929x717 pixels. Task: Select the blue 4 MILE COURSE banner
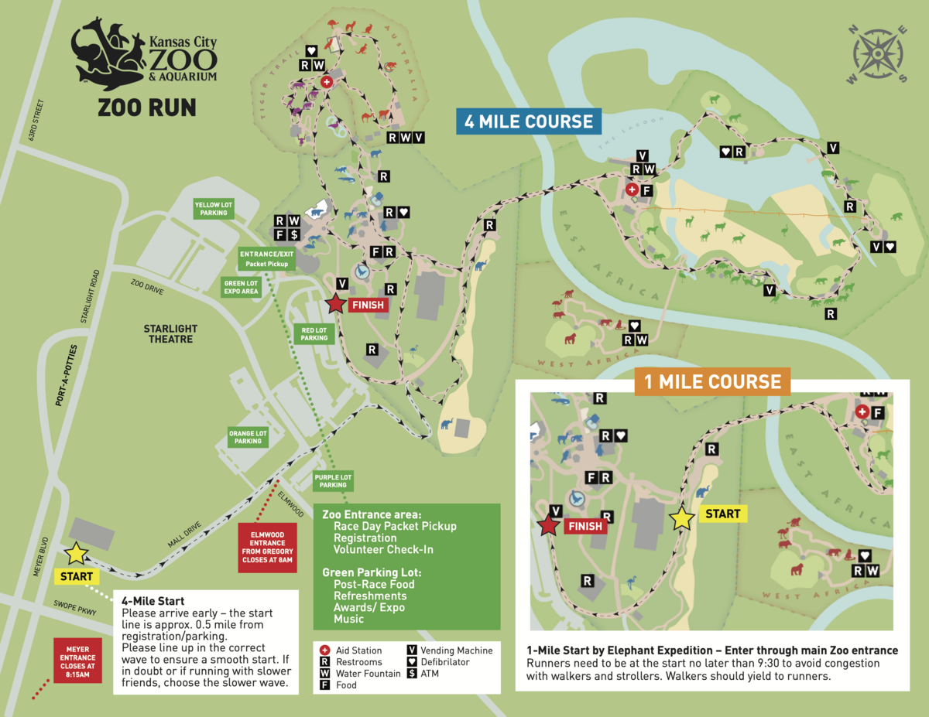pyautogui.click(x=529, y=121)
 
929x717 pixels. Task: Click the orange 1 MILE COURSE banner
pyautogui.click(x=712, y=381)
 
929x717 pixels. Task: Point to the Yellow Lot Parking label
pyautogui.click(x=214, y=208)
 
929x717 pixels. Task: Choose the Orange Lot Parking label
pyautogui.click(x=248, y=437)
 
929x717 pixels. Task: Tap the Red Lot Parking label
pyautogui.click(x=314, y=333)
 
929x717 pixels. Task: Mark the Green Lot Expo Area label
pyautogui.click(x=240, y=288)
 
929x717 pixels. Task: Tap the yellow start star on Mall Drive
pyautogui.click(x=76, y=553)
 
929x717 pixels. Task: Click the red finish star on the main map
pyautogui.click(x=334, y=304)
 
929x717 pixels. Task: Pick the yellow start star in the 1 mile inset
pyautogui.click(x=682, y=518)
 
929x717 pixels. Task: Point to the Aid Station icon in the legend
pyautogui.click(x=325, y=650)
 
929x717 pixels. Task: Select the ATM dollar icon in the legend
pyautogui.click(x=412, y=674)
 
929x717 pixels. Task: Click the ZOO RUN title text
pyautogui.click(x=146, y=108)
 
